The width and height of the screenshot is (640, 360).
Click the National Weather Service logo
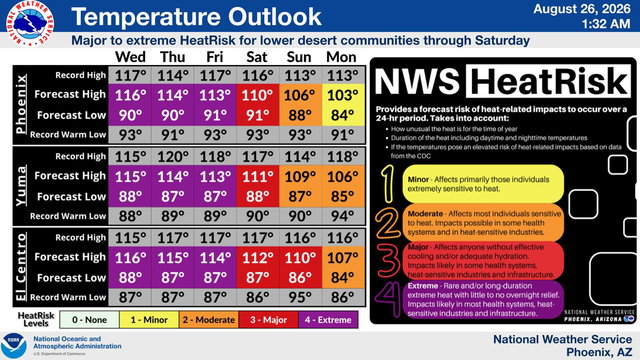(x=30, y=23)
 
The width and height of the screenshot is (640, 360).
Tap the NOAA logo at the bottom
(x=14, y=346)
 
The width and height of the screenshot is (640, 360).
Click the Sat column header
(x=257, y=57)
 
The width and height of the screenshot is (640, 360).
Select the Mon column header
(x=341, y=57)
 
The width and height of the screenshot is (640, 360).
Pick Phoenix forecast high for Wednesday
(x=130, y=95)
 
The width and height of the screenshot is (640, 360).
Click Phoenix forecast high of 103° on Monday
(x=343, y=95)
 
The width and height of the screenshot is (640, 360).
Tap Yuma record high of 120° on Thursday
(x=172, y=156)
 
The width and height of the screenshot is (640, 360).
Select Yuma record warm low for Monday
(x=343, y=216)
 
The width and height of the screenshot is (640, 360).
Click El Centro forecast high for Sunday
(x=300, y=257)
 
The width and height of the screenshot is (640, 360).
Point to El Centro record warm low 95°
(x=300, y=297)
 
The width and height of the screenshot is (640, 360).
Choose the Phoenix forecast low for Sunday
(x=300, y=115)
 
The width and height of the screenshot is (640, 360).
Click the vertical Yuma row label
(x=21, y=186)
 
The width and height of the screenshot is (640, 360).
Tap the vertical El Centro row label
(x=21, y=267)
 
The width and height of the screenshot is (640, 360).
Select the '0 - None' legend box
(x=89, y=319)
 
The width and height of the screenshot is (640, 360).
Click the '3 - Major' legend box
(x=269, y=319)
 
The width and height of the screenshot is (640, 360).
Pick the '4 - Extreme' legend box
(x=328, y=319)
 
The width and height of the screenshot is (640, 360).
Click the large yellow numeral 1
(x=387, y=184)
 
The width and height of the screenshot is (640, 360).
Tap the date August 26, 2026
(x=582, y=9)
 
